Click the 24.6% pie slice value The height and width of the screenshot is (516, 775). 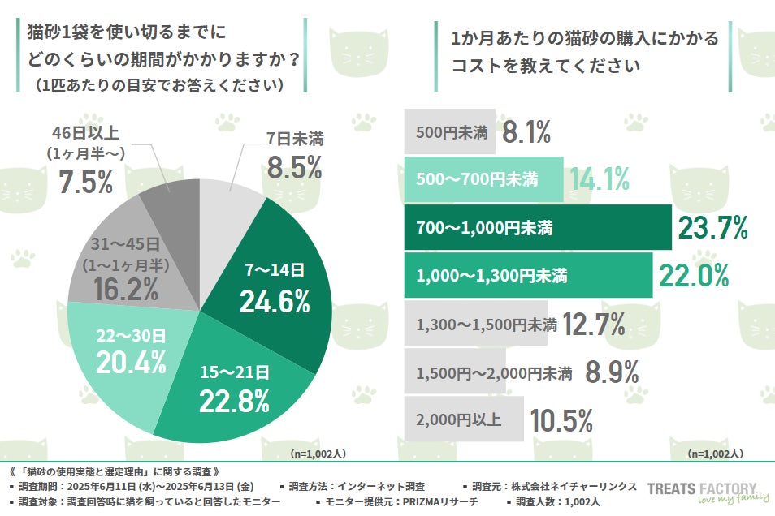pyautogui.click(x=275, y=301)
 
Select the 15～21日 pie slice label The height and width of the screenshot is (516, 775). pyautogui.click(x=235, y=372)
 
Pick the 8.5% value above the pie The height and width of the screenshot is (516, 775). pyautogui.click(x=294, y=168)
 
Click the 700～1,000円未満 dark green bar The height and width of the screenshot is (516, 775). pyautogui.click(x=536, y=228)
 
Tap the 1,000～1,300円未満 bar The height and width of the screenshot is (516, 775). pyautogui.click(x=527, y=276)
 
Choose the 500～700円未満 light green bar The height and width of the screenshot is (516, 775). pyautogui.click(x=483, y=180)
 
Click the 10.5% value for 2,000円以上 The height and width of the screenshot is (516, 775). pyautogui.click(x=561, y=420)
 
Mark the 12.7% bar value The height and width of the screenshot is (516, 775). pyautogui.click(x=593, y=325)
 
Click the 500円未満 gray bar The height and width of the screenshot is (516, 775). pyautogui.click(x=450, y=133)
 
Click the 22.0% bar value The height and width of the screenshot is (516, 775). pyautogui.click(x=692, y=277)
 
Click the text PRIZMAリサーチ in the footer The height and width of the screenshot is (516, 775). pyautogui.click(x=439, y=503)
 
